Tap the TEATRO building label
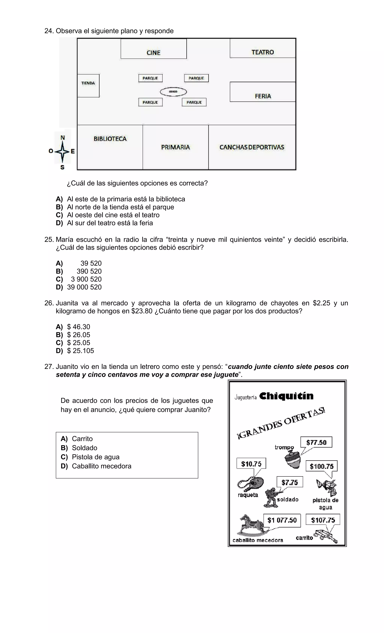click(262, 52)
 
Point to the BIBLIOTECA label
click(110, 139)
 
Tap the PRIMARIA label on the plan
click(175, 147)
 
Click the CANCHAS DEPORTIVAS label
click(252, 147)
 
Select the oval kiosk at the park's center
click(173, 92)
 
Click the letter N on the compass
click(62, 138)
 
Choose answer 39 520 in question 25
click(91, 263)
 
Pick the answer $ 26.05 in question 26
click(79, 335)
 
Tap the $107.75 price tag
click(323, 520)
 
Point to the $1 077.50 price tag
click(282, 520)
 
